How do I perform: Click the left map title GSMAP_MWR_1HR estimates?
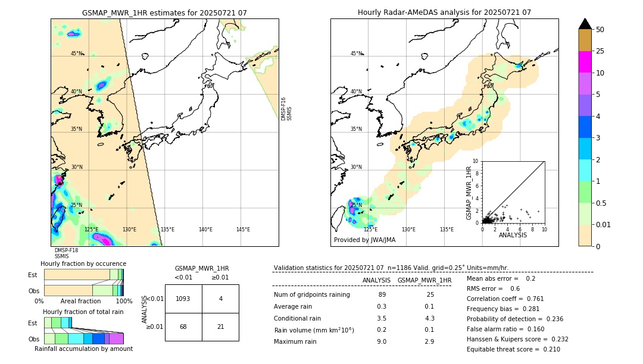tap(164, 12)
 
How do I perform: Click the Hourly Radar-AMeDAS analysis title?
tap(444, 12)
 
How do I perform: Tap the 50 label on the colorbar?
tap(600, 30)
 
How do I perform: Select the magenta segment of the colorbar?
tap(585, 62)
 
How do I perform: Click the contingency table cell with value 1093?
tap(183, 299)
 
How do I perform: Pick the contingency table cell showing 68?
tap(183, 327)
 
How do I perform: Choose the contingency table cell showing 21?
tap(220, 327)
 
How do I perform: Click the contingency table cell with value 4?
tap(220, 299)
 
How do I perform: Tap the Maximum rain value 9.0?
tap(382, 341)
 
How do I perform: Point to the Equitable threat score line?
tap(513, 349)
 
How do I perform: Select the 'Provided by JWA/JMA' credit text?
tap(364, 240)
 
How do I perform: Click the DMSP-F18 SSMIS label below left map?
tap(66, 253)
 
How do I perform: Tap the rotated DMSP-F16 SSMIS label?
tap(286, 109)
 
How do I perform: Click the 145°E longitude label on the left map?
tap(243, 230)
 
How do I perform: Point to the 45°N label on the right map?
tap(356, 54)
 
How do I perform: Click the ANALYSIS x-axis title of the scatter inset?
tap(513, 236)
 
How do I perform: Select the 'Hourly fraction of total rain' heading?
tap(83, 312)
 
